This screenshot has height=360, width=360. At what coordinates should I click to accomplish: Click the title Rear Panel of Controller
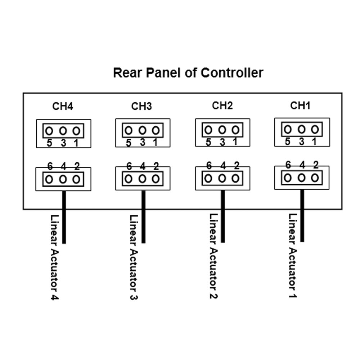click(x=188, y=73)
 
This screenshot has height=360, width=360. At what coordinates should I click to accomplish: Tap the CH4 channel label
click(x=63, y=107)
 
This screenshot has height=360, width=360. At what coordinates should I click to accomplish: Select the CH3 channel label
click(x=141, y=107)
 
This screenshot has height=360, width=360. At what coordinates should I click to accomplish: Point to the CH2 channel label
click(x=222, y=105)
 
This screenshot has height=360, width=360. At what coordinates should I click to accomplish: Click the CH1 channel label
click(x=300, y=105)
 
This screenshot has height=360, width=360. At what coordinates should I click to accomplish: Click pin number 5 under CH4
click(x=50, y=143)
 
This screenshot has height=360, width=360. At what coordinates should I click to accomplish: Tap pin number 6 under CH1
click(x=288, y=165)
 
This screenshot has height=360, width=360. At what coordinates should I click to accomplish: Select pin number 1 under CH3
click(x=155, y=143)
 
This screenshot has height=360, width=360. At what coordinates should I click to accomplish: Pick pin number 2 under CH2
click(x=237, y=166)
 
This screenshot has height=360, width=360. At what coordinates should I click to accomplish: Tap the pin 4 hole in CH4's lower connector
click(x=63, y=179)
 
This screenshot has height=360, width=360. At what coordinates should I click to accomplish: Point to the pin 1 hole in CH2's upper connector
click(x=235, y=130)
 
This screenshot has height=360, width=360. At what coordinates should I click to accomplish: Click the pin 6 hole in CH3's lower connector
click(x=129, y=179)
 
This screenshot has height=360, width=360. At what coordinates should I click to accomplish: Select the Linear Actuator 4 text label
click(x=55, y=257)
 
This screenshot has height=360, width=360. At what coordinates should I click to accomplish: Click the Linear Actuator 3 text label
click(x=134, y=257)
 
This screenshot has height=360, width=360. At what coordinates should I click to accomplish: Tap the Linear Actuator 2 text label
click(x=213, y=256)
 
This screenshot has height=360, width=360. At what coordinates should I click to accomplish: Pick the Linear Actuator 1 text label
click(x=293, y=256)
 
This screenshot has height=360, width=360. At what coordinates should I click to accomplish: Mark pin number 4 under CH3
click(x=143, y=166)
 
